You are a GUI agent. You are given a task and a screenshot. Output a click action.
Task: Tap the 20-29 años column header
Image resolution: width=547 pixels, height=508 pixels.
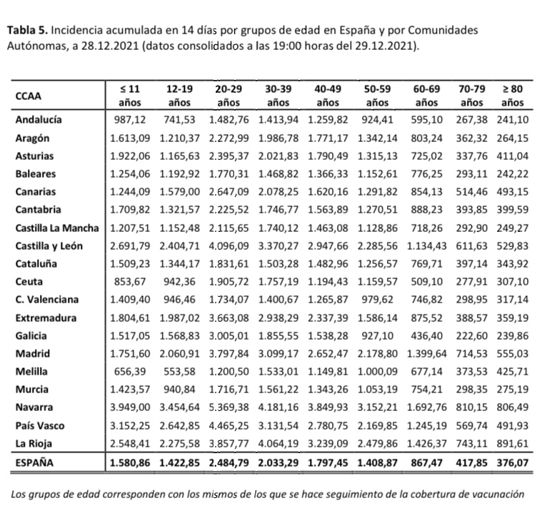228,96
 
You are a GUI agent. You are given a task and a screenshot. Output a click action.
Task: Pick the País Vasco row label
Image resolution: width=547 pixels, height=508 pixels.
41,425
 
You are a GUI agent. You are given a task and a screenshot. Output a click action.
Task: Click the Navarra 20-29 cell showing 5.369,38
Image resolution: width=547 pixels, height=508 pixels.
228,407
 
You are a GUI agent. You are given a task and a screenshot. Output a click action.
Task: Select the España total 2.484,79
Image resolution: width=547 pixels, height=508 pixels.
228,462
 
